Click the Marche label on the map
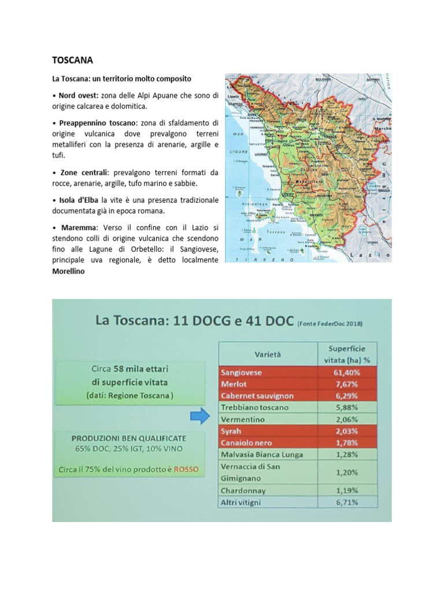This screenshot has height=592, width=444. coord(383,128)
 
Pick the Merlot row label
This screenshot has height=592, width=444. coord(233,384)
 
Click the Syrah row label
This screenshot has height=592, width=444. coord(231,431)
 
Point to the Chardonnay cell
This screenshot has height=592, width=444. coord(243,490)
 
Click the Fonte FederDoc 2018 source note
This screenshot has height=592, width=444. coord(330,324)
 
